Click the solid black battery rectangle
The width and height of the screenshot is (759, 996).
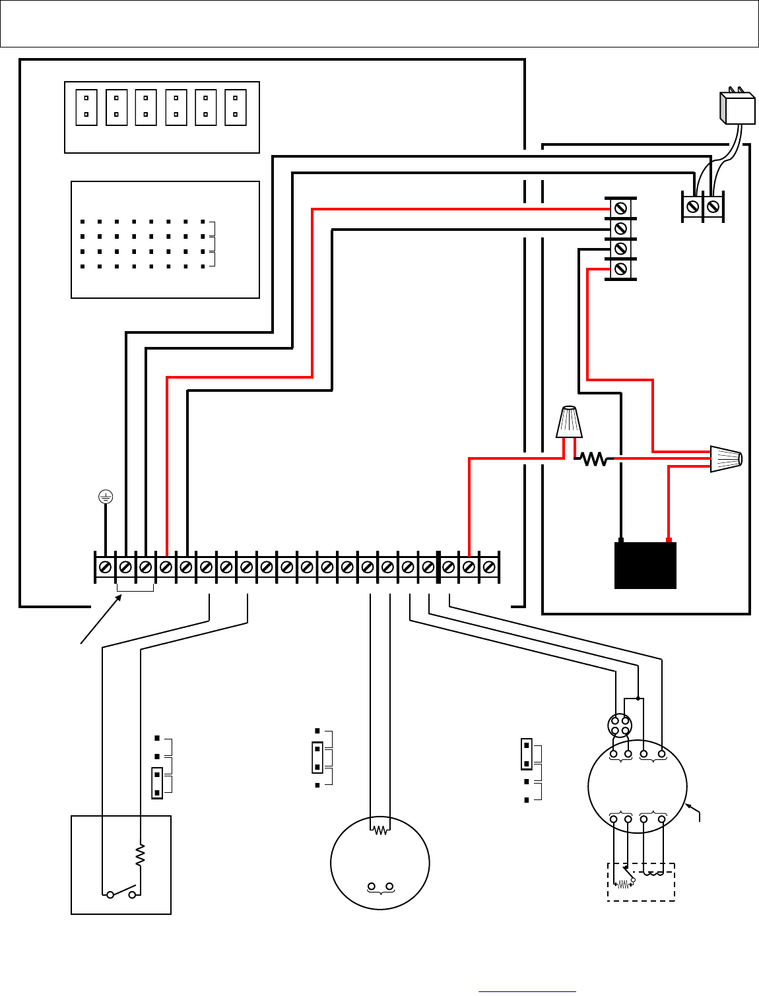[x=645, y=565]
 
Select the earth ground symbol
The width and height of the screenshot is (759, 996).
[x=106, y=497]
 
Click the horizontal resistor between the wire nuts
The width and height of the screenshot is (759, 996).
[x=594, y=458]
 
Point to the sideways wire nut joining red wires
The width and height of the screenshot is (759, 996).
[x=726, y=458]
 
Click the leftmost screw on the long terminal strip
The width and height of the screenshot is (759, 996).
[x=105, y=567]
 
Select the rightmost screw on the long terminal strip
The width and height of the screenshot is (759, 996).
[x=489, y=567]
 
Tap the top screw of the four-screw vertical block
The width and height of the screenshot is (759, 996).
[x=620, y=208]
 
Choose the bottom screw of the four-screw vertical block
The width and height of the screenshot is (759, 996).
[x=620, y=268]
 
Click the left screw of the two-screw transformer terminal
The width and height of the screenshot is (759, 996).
[x=692, y=206]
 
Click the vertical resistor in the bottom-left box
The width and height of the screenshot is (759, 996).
[x=140, y=855]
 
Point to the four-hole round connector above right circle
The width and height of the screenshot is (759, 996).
[x=620, y=726]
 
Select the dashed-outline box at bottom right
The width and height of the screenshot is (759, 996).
[x=641, y=882]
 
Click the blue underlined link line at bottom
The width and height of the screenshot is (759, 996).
[x=527, y=991]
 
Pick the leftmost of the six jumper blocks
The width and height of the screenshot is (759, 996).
[x=86, y=108]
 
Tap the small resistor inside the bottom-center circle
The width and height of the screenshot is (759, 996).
[x=380, y=830]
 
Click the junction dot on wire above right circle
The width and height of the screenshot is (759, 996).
[x=638, y=698]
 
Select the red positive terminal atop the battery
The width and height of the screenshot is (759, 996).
[x=669, y=540]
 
